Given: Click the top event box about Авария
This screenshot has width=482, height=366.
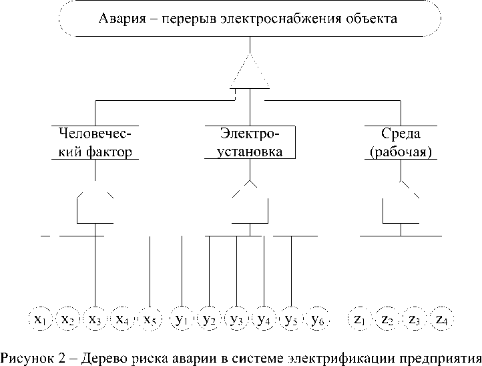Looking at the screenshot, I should pyautogui.click(x=248, y=19).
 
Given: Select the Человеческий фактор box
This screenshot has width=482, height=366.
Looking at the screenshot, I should pyautogui.click(x=95, y=142).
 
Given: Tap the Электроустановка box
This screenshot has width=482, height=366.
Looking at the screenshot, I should pyautogui.click(x=250, y=142).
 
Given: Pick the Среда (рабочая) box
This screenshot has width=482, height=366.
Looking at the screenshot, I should pyautogui.click(x=401, y=142).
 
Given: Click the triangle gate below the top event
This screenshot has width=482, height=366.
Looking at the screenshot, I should pyautogui.click(x=250, y=73).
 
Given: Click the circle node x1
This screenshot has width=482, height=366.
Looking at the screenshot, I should pyautogui.click(x=41, y=320).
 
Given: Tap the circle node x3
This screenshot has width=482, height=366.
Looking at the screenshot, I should pyautogui.click(x=95, y=320).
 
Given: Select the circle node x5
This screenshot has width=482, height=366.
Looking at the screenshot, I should pyautogui.click(x=150, y=320).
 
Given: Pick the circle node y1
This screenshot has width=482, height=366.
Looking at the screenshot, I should pyautogui.click(x=182, y=320).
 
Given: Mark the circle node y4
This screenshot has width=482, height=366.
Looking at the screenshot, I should pyautogui.click(x=264, y=320).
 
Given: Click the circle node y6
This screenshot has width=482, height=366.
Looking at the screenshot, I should pyautogui.click(x=318, y=320).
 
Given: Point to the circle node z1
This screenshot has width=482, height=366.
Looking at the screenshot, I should pyautogui.click(x=360, y=320).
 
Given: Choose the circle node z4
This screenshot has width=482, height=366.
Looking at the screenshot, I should pyautogui.click(x=441, y=320).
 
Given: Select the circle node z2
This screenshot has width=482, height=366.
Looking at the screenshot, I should pyautogui.click(x=387, y=320).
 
